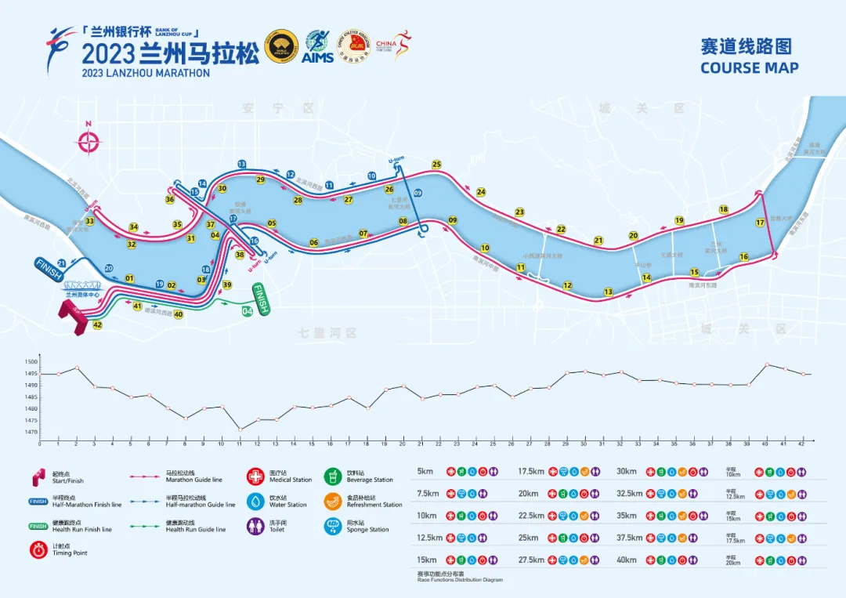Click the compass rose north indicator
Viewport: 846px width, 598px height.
tap(89, 141)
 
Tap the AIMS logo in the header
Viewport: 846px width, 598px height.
tap(317, 46)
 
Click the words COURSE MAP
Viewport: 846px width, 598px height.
tap(750, 67)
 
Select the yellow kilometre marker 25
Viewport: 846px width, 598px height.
tap(436, 165)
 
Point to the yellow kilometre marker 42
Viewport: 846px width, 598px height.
tap(97, 324)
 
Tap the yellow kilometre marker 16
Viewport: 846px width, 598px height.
tap(743, 257)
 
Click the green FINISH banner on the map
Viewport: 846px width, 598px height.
tap(261, 299)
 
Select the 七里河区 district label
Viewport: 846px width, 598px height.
tap(327, 333)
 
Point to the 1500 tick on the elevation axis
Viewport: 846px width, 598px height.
tap(31, 362)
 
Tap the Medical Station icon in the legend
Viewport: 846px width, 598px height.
tap(256, 477)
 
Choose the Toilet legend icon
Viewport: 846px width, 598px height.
tap(256, 527)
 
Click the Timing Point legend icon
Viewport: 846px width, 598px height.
tap(37, 550)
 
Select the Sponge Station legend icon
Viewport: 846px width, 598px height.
tap(333, 527)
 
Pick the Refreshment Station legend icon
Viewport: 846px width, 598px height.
tap(333, 502)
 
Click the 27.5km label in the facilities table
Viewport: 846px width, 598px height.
tap(531, 560)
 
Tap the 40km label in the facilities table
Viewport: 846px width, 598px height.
tap(627, 560)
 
